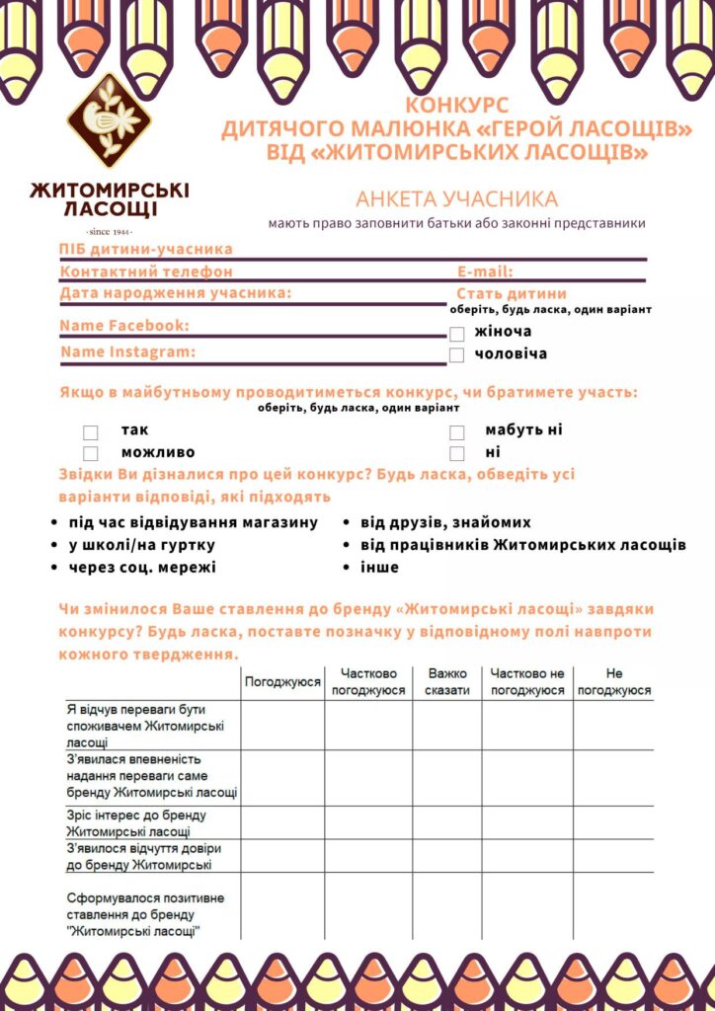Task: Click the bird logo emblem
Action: (x=109, y=119)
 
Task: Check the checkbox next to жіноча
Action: (x=456, y=334)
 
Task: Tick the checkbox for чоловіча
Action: (x=456, y=354)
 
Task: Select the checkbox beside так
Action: (x=91, y=432)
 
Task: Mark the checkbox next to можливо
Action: (x=91, y=453)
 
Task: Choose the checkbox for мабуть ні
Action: (x=456, y=432)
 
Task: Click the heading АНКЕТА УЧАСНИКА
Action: (x=456, y=199)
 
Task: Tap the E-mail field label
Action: (x=485, y=272)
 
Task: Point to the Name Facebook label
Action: (x=123, y=326)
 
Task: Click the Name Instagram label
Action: (x=127, y=351)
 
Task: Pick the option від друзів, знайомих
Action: (x=445, y=522)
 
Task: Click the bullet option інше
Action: (x=380, y=567)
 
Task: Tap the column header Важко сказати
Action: (x=447, y=681)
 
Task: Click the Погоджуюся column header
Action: (x=282, y=681)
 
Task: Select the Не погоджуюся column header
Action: (x=614, y=681)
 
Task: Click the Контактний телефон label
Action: (x=146, y=272)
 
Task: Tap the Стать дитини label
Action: (x=512, y=293)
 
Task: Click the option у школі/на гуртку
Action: (x=142, y=545)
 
